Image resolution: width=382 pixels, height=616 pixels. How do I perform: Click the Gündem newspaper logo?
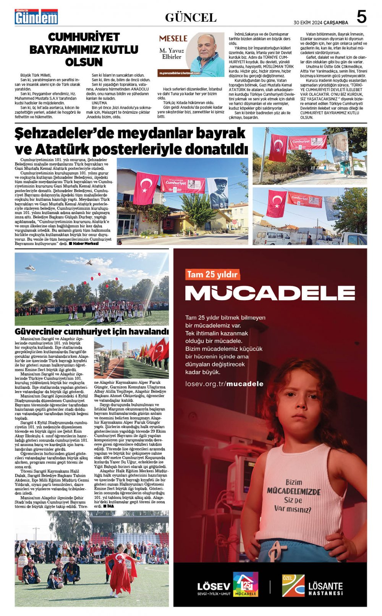click(36, 17)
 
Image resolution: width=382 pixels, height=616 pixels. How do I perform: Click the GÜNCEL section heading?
click(191, 18)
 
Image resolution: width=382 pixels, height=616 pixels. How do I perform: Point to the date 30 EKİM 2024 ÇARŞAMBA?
click(320, 23)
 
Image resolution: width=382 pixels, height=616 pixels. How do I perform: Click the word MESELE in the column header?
click(173, 39)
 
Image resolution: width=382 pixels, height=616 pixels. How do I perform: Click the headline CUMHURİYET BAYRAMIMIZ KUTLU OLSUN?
click(84, 50)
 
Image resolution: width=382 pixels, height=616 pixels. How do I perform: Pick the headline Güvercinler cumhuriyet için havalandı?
click(91, 331)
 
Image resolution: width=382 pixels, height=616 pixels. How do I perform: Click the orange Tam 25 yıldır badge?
click(212, 275)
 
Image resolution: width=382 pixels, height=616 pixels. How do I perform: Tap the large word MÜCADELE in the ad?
click(270, 293)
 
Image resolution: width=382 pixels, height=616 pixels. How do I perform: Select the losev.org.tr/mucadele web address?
click(224, 384)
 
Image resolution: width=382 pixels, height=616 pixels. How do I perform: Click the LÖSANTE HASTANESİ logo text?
click(325, 588)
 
